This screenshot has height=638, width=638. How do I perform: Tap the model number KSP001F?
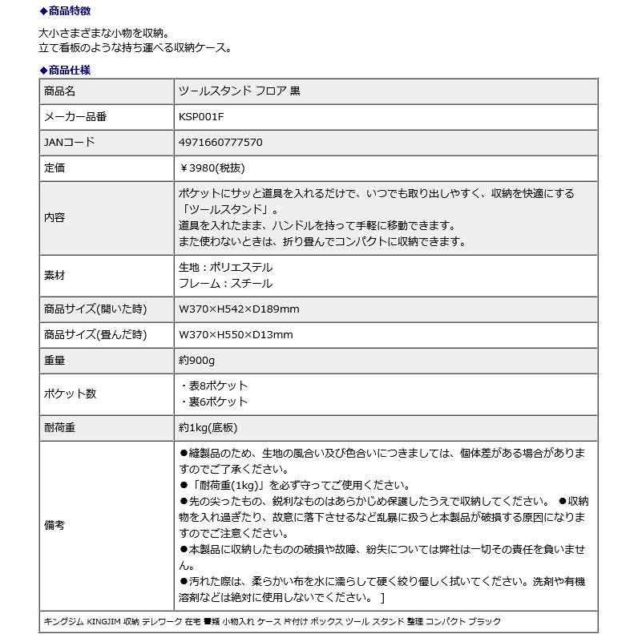point(202,117)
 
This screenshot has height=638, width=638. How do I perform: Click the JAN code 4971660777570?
point(220,143)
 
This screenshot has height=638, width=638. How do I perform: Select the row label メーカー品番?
point(75,117)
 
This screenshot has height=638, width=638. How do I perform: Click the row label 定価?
point(55,168)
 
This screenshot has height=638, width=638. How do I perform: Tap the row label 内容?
point(55,217)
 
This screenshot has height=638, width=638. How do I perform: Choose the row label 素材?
point(55,275)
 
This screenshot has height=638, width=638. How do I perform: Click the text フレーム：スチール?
point(225,283)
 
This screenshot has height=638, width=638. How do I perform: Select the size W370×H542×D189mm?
point(239,309)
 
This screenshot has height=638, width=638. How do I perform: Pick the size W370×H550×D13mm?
point(236,335)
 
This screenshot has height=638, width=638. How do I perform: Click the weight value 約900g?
point(197,361)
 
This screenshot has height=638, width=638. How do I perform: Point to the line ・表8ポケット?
point(214,386)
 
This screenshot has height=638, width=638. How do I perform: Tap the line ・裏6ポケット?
point(214,402)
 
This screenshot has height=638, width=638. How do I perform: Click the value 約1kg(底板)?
point(208,427)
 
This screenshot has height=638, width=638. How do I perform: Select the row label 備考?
point(55,526)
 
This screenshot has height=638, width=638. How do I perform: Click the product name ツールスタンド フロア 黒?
point(239,91)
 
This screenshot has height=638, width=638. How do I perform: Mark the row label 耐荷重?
point(59,427)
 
